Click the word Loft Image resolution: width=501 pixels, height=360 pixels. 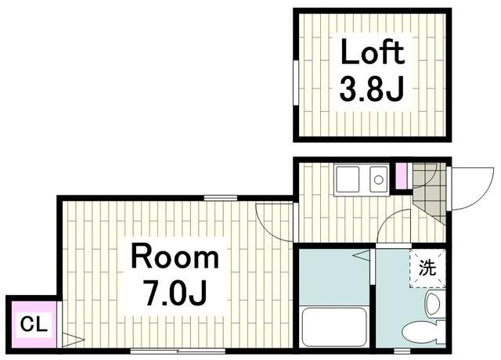coord(372,53)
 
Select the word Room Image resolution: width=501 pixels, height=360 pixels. coord(175,257)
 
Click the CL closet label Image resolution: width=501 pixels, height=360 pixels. coord(31,322)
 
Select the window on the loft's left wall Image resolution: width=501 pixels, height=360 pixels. coord(295,81)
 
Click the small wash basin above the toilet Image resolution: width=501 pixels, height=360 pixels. coord(433,302)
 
